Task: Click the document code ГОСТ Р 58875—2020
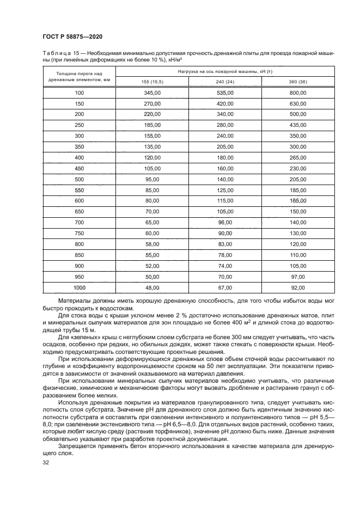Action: [x=72, y=36]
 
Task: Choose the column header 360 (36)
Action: [x=298, y=82]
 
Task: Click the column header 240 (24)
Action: [x=225, y=82]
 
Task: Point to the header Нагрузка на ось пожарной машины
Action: [x=225, y=72]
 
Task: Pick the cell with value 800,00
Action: [x=298, y=94]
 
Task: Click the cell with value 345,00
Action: [x=152, y=94]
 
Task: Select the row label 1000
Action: [x=80, y=287]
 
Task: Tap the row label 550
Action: [x=80, y=190]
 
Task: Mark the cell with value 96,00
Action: [x=225, y=223]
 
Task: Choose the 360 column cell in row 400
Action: [x=298, y=158]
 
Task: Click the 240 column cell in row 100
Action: [x=225, y=94]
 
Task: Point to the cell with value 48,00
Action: [x=152, y=287]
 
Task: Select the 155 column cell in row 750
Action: [x=152, y=233]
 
